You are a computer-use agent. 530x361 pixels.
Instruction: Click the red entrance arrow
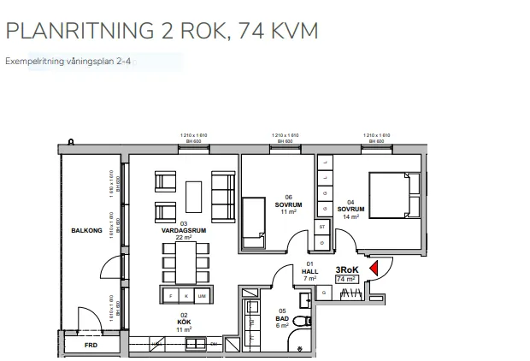tap(373, 269)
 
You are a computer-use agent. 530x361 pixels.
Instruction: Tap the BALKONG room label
tap(87, 231)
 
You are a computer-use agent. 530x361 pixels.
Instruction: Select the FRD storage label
tap(90, 346)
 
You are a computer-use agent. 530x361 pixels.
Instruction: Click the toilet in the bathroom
tap(298, 323)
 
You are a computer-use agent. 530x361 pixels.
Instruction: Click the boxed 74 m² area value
tap(346, 279)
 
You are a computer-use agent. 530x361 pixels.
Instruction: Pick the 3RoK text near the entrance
tap(346, 269)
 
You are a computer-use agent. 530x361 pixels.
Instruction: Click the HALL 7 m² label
tap(310, 274)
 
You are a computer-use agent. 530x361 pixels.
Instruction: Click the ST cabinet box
tap(322, 227)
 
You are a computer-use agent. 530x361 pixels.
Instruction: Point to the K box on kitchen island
tap(186, 295)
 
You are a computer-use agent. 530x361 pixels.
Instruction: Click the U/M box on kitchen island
tap(202, 295)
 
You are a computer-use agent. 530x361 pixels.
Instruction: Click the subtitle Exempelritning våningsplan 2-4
tap(68, 62)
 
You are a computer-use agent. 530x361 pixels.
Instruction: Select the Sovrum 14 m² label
tap(350, 213)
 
